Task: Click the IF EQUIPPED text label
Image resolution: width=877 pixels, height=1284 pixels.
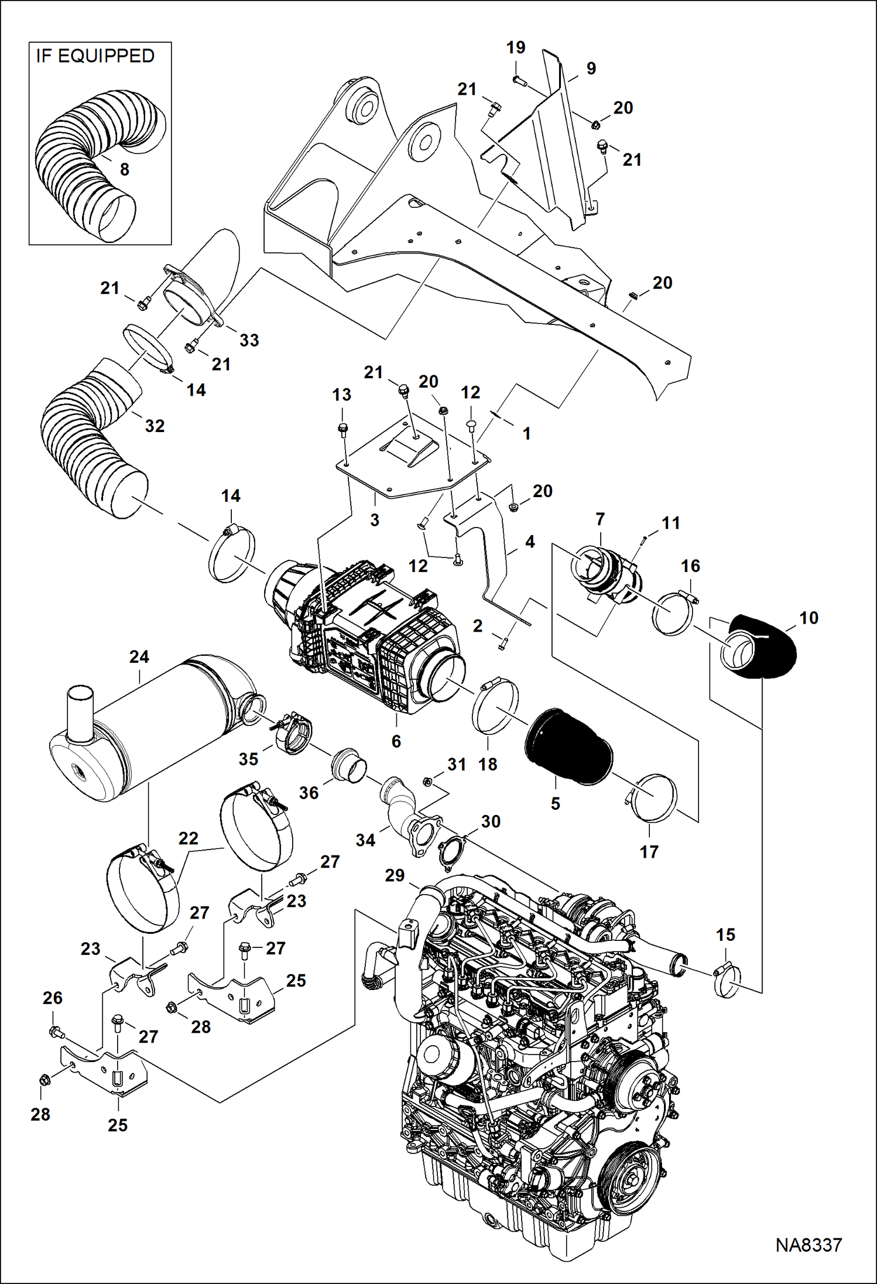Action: click(95, 56)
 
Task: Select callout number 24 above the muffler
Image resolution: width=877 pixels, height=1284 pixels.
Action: click(139, 657)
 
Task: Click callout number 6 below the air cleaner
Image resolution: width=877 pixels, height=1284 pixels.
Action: click(396, 741)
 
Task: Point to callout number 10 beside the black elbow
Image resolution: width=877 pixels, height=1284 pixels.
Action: click(809, 618)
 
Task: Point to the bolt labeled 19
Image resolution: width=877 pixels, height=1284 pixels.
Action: click(517, 80)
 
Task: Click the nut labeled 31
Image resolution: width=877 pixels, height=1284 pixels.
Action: click(427, 781)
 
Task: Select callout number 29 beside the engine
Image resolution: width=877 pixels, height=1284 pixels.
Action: click(395, 875)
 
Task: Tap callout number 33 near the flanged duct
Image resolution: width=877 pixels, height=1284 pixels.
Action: click(249, 340)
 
